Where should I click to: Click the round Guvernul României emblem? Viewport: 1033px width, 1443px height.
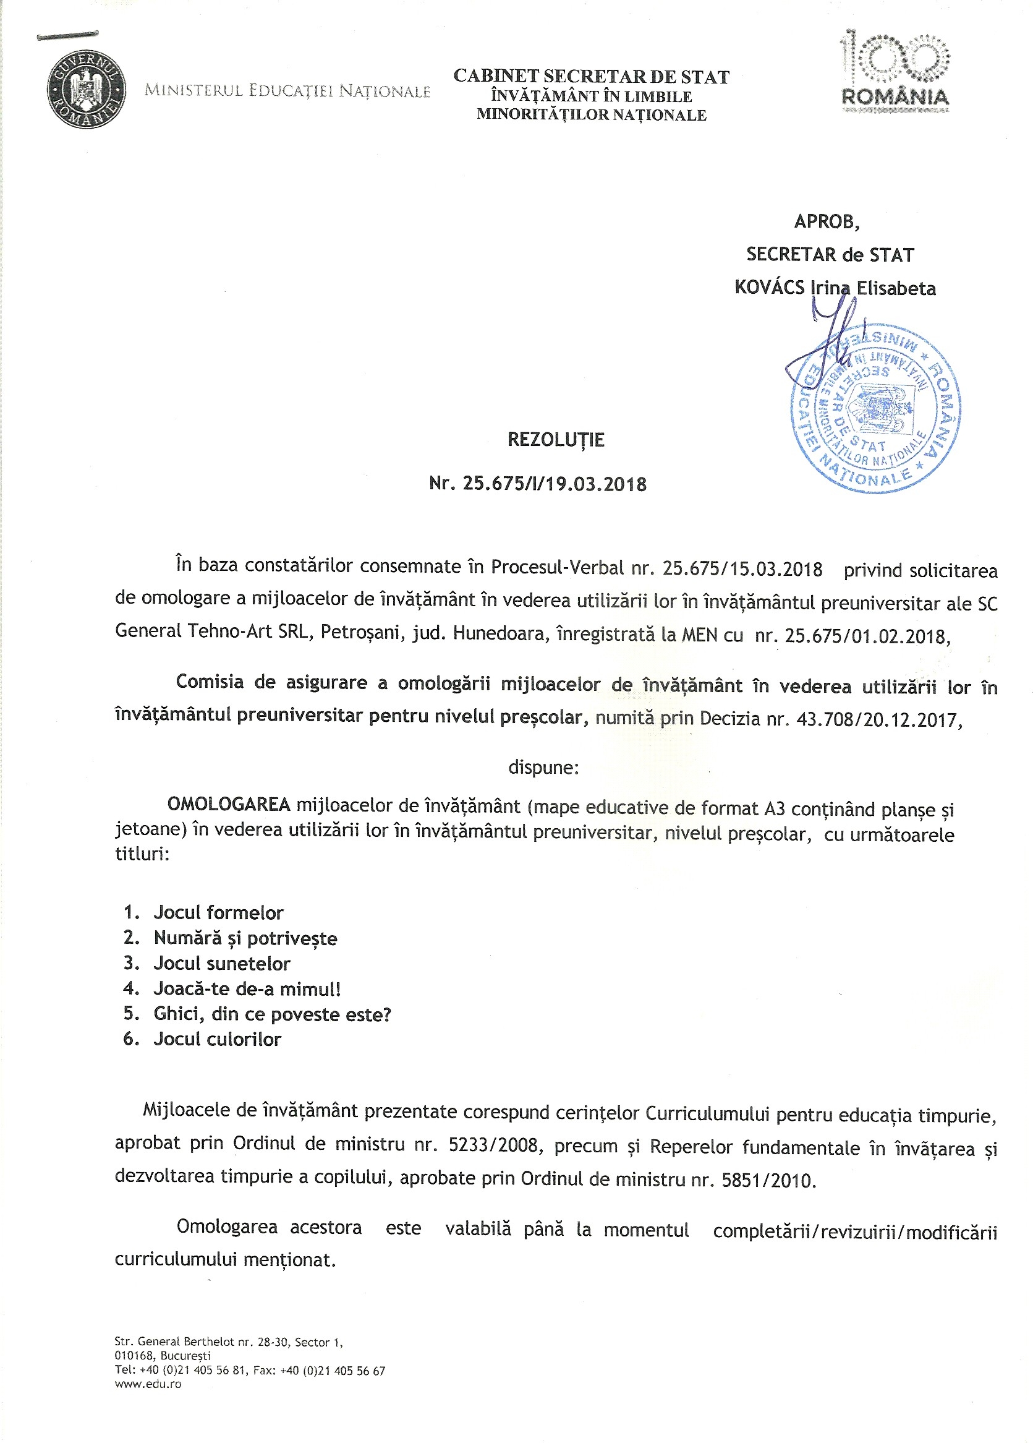86,89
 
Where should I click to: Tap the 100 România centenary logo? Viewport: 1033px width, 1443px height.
895,71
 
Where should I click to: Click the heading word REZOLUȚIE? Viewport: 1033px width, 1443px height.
556,440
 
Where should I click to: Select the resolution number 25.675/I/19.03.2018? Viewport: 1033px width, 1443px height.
554,484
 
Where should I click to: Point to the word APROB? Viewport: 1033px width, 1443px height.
827,221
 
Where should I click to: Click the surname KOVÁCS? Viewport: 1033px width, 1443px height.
769,288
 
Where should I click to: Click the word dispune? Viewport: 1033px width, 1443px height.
543,768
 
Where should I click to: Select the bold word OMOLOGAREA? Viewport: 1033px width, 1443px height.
229,805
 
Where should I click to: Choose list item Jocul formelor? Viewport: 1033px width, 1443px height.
218,913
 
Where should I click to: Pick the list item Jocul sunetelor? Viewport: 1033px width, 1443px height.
222,963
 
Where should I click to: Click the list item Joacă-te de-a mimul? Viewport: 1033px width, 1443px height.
247,989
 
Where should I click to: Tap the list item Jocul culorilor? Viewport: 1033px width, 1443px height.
218,1039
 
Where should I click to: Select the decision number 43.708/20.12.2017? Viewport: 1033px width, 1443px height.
876,719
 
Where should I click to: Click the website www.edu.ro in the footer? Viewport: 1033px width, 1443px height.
148,1384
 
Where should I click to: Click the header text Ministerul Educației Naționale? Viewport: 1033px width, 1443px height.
287,91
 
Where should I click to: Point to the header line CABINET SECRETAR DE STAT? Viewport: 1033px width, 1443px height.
591,77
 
